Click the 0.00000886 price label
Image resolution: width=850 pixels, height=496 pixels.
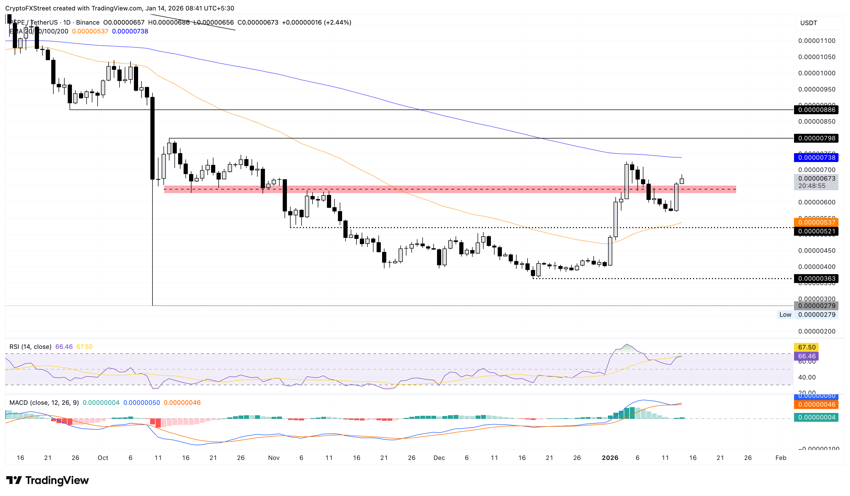pos(816,109)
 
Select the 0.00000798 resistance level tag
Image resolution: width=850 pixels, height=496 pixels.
pos(816,138)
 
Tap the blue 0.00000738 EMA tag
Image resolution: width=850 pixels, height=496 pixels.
pos(816,157)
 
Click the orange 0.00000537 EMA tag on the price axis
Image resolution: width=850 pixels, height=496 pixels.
pos(816,222)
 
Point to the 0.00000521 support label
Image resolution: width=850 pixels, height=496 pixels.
pos(816,231)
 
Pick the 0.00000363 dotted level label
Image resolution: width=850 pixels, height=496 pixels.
pos(816,278)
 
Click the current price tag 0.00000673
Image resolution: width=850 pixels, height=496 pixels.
pos(816,178)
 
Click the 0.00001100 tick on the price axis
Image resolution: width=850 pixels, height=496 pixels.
pos(816,41)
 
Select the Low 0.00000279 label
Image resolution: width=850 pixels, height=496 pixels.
pos(808,314)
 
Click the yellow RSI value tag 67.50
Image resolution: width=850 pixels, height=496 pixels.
pos(807,347)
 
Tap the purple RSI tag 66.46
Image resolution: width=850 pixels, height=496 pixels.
pos(807,356)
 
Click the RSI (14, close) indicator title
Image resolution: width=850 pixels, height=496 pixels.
pos(30,347)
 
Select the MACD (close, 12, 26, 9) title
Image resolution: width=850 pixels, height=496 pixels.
pos(44,402)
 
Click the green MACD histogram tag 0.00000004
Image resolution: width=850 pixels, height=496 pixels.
pos(816,417)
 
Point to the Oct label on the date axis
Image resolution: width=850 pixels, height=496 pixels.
pos(103,458)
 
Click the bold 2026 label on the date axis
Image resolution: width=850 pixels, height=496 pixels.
pos(610,458)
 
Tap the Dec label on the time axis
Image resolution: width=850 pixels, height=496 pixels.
pos(439,458)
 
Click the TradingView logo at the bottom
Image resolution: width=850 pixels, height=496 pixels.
pos(48,480)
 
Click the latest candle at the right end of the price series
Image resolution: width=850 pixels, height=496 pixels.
pos(682,181)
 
